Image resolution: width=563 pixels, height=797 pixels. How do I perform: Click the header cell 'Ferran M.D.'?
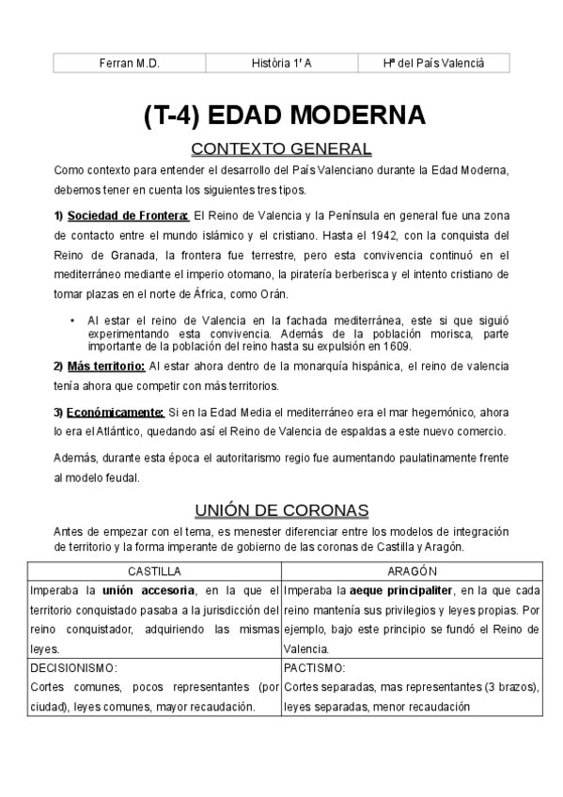pos(130,63)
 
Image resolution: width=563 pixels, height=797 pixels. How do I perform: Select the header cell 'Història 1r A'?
pos(282,63)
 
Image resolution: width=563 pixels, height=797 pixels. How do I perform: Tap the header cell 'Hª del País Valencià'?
pos(433,63)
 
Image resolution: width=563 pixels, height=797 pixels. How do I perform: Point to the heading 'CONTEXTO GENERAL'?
pos(281,149)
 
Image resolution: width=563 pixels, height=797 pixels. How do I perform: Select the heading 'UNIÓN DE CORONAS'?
pos(281,510)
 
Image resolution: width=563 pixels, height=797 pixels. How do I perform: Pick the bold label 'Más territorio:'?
pos(105,366)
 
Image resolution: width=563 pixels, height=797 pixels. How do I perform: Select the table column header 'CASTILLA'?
pos(154,571)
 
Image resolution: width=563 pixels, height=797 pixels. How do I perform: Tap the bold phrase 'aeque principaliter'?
pos(399,590)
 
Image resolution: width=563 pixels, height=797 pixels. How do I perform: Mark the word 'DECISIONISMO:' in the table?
pos(74,668)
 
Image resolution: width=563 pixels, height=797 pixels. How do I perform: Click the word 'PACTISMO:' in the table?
pos(315,668)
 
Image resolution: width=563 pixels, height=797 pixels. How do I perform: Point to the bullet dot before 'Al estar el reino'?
pos(73,320)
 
